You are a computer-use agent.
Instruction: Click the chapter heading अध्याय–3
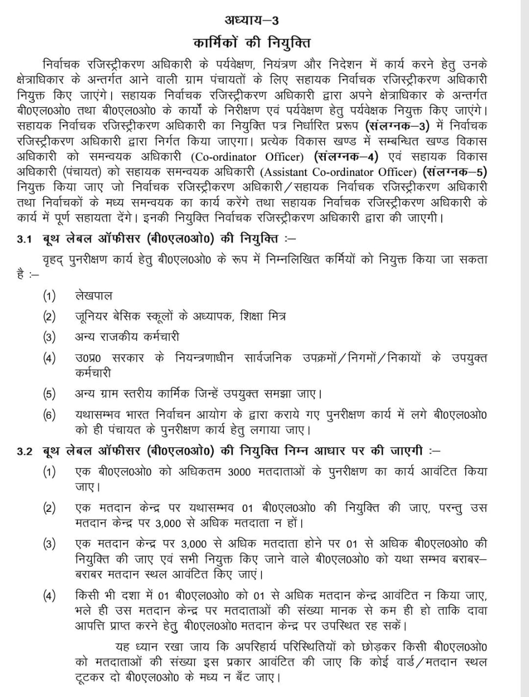click(251, 21)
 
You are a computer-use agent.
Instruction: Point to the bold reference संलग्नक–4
click(346, 157)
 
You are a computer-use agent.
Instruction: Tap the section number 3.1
click(25, 239)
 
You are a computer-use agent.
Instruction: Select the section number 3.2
click(25, 451)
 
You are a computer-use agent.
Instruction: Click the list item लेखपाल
click(93, 296)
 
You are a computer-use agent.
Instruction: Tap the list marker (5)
click(50, 394)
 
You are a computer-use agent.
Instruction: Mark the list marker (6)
click(50, 415)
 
